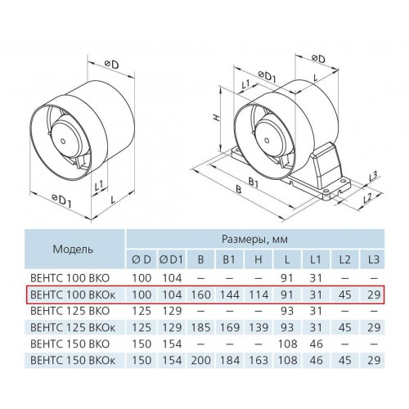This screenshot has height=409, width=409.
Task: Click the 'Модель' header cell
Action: tap(73, 249)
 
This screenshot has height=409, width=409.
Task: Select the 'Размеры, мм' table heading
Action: tap(254, 239)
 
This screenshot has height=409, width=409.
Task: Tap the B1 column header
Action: tap(229, 259)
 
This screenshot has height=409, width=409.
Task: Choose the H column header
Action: tap(258, 259)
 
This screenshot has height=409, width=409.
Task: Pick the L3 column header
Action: tap(373, 259)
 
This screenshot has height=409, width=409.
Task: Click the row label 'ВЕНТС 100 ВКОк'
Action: tap(73, 294)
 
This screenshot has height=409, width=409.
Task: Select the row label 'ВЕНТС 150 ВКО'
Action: tap(70, 344)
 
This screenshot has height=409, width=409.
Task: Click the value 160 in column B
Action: tap(200, 294)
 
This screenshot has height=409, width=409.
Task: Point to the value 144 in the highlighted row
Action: tap(230, 294)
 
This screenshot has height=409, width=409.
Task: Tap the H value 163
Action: tap(258, 360)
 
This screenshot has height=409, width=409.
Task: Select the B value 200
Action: tap(200, 360)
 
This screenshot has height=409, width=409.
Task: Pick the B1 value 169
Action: tap(230, 327)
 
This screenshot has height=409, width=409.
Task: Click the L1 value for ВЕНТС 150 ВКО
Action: tap(316, 344)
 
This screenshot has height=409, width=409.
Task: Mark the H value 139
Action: tap(258, 327)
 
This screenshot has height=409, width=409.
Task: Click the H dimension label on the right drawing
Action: tap(216, 118)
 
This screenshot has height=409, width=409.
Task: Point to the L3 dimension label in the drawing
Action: tap(373, 177)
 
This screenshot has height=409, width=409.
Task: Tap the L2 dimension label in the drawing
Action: tap(368, 198)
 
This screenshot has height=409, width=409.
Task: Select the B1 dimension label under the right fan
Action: tap(254, 182)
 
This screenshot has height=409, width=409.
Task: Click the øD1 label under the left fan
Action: tap(61, 200)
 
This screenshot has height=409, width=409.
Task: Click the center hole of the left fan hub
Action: tap(63, 142)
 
